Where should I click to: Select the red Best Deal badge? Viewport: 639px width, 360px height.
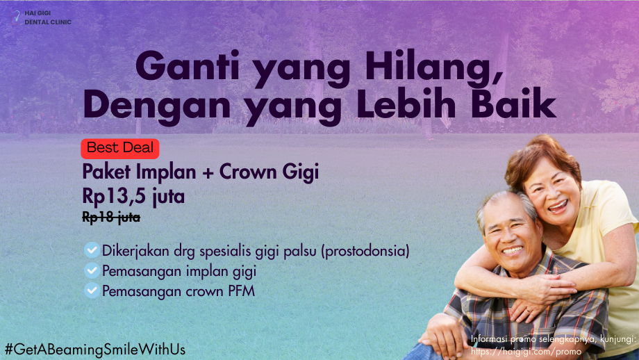click(120, 148)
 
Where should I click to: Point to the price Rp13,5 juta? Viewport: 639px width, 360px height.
click(133, 196)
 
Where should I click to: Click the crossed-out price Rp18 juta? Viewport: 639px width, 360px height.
click(111, 218)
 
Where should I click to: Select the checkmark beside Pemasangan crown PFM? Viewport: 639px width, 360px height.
click(92, 291)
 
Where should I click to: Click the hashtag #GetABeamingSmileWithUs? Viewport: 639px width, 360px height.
click(95, 348)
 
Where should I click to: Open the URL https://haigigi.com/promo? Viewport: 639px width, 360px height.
click(526, 352)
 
